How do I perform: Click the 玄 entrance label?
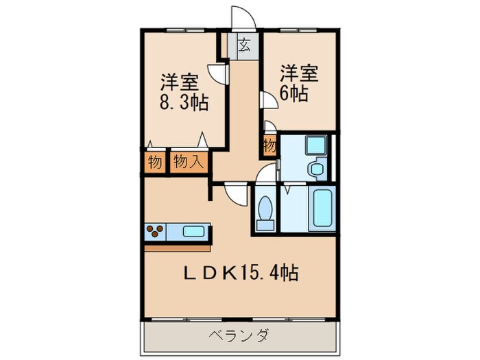click(x=244, y=47)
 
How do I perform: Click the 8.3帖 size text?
click(x=184, y=103)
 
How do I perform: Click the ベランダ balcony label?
click(x=239, y=335)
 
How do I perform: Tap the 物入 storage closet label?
click(x=187, y=162)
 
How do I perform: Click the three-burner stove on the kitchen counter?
click(x=155, y=232)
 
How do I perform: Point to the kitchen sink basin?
click(x=195, y=231)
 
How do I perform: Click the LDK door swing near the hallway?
click(x=233, y=194)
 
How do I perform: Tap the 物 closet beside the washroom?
click(x=269, y=146)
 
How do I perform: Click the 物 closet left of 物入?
click(x=154, y=162)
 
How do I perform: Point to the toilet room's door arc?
click(x=264, y=176)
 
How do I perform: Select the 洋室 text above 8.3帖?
click(x=180, y=81)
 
